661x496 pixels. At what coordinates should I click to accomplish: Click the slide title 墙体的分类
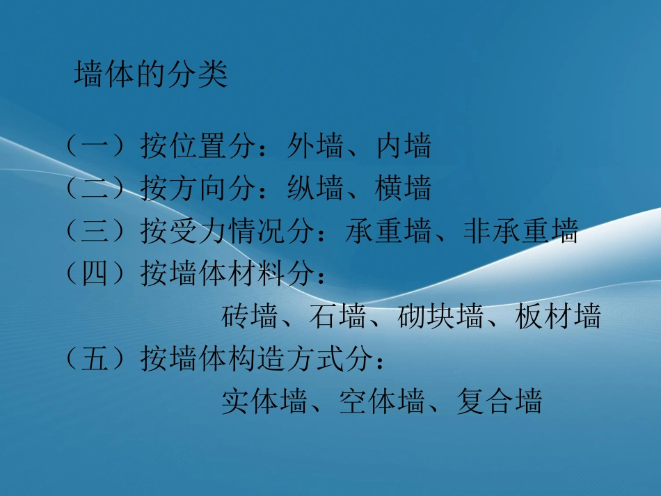tap(151, 76)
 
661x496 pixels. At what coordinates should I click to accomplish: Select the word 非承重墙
tap(520, 232)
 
